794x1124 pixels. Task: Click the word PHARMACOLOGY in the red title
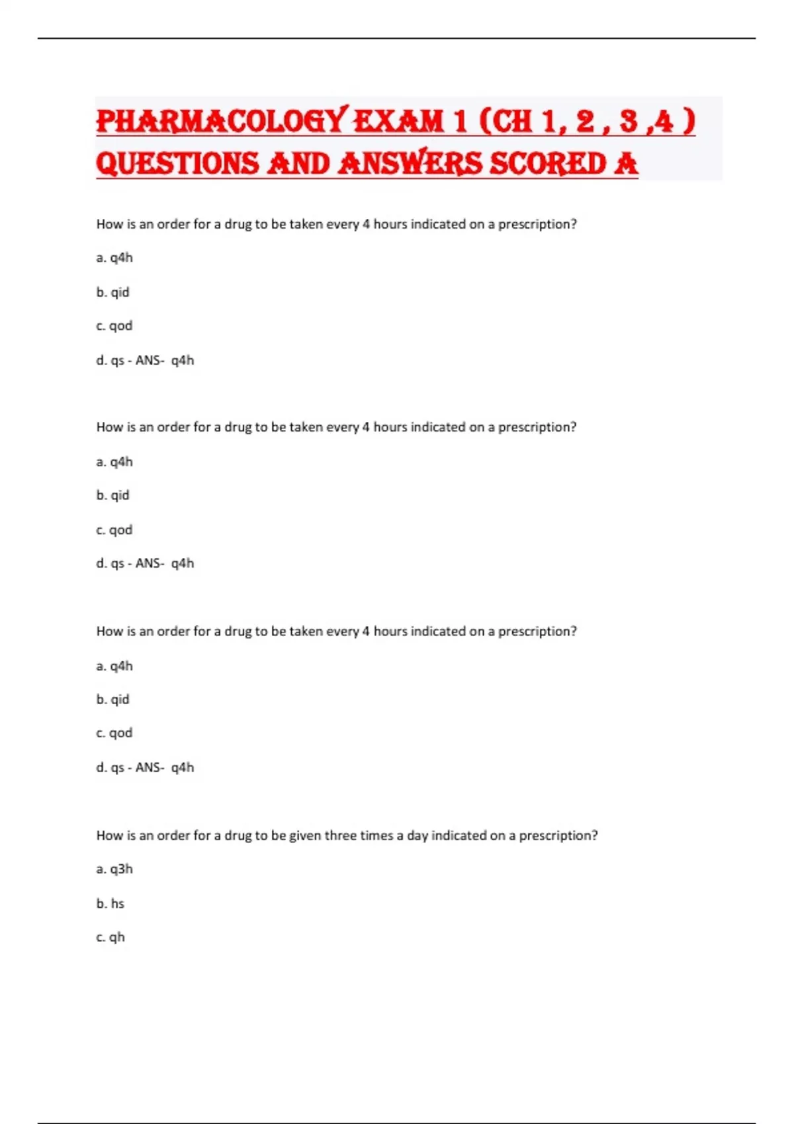[x=220, y=122]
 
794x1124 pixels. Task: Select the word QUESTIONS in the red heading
[x=177, y=164]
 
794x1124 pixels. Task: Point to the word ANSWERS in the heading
[x=410, y=164]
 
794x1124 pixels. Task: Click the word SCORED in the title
[x=547, y=164]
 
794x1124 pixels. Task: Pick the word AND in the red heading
[x=298, y=164]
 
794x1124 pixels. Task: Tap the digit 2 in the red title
[x=585, y=122]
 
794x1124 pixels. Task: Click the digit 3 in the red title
[x=629, y=122]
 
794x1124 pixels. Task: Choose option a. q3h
[x=114, y=869]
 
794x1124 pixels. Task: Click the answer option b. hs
[x=110, y=903]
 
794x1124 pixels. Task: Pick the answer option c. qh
[x=110, y=937]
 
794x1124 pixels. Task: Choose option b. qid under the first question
[x=113, y=292]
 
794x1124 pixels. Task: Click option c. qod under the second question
[x=114, y=530]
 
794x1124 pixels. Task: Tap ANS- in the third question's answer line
[x=150, y=767]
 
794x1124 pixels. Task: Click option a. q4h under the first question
[x=114, y=257]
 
